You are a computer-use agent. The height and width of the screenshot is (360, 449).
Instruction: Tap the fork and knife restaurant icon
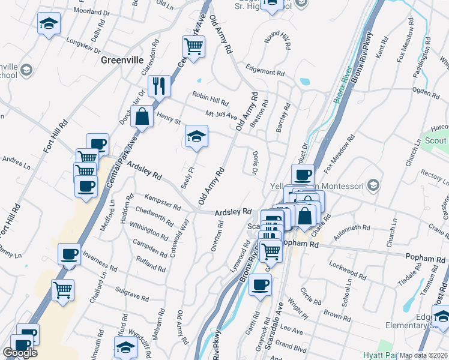pos(160,86)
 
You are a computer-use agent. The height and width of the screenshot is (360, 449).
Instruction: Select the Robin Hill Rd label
pos(210,98)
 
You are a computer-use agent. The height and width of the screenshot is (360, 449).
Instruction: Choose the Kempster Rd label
pos(163,201)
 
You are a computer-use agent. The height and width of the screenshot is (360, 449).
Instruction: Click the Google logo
pos(20,353)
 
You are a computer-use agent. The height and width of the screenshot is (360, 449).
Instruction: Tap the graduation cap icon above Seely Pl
pos(196,137)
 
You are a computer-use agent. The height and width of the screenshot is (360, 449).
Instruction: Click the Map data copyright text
pos(424,355)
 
